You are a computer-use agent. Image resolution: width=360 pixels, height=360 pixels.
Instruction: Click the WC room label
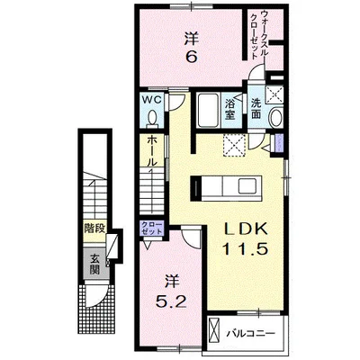click(x=152, y=100)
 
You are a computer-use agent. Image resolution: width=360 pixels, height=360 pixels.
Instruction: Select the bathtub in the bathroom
click(x=208, y=111)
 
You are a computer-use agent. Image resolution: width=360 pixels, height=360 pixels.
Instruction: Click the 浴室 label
click(x=229, y=109)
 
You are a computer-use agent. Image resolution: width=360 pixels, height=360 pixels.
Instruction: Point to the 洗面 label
click(x=256, y=109)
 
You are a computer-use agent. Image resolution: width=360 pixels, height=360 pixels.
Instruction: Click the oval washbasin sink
click(x=275, y=117)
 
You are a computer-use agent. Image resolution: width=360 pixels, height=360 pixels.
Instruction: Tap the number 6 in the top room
click(x=192, y=56)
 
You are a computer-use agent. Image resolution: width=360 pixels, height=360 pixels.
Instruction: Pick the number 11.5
click(x=245, y=248)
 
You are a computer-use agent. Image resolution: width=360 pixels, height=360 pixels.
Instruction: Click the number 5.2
click(x=171, y=301)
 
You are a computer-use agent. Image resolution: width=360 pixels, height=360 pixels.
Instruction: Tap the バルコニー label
click(x=250, y=334)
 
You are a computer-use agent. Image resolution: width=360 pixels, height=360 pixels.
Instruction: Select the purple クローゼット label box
click(x=152, y=229)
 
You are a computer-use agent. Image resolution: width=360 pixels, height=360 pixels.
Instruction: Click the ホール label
click(x=152, y=151)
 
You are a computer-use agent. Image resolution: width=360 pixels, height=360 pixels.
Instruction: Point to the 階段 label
click(x=94, y=229)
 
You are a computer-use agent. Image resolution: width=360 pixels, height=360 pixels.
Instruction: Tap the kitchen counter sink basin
click(x=247, y=187)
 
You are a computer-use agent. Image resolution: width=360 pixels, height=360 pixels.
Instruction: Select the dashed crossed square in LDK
click(x=235, y=146)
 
